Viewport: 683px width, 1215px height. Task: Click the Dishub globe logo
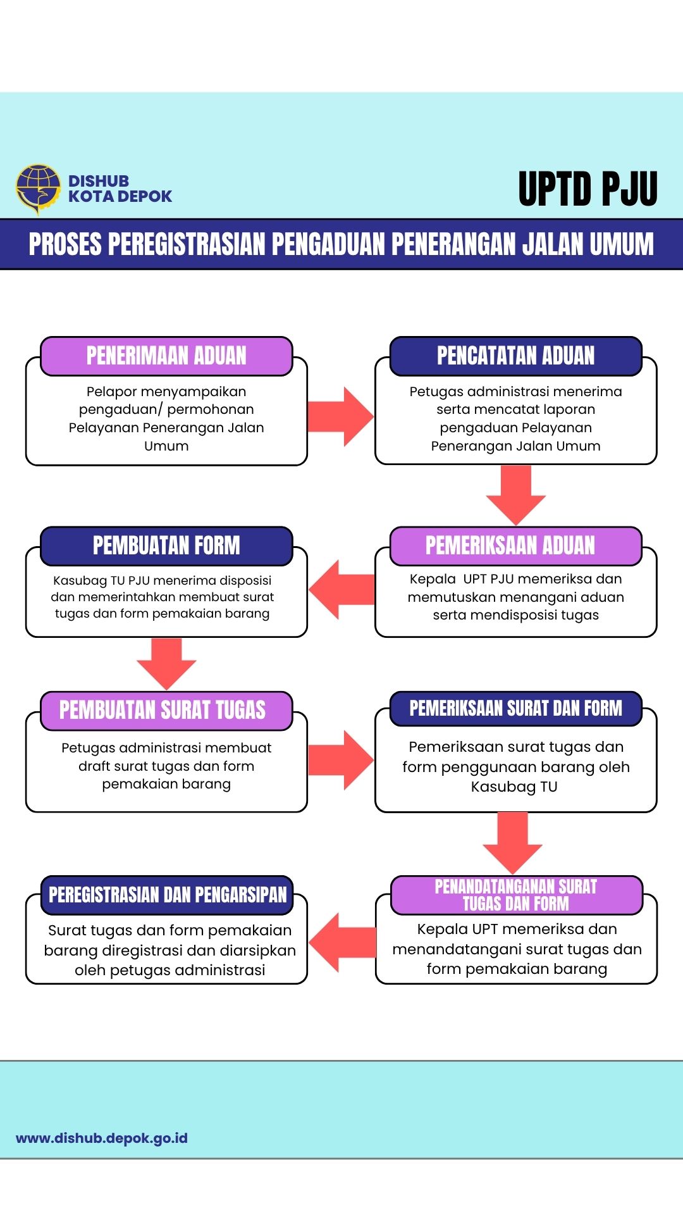pos(38,188)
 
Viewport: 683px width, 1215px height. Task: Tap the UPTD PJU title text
pos(588,189)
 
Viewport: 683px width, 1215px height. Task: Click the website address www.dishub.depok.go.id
pos(102,1138)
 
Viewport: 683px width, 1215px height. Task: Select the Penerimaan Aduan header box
pos(166,356)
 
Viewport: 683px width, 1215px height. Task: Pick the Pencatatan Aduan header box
pos(515,356)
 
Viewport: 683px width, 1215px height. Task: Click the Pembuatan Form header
pos(166,545)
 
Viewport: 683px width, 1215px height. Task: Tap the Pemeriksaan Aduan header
pos(515,545)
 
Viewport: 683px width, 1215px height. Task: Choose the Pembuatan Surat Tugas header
pos(166,710)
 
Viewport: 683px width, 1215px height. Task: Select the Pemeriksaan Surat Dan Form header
pos(515,708)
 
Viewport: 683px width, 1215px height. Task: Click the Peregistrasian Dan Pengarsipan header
pos(167,895)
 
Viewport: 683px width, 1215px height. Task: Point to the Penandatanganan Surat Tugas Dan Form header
pos(516,895)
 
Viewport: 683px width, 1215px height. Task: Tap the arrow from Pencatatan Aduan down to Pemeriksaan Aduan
pos(515,494)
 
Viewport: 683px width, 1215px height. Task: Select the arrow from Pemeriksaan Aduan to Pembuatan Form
pos(341,589)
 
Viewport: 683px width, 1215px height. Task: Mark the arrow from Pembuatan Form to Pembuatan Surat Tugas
pos(166,662)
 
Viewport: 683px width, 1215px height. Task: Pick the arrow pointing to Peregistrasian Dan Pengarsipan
pos(342,943)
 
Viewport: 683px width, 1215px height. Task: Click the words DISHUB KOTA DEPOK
pos(120,189)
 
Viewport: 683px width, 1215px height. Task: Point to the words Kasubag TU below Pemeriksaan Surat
pos(514,787)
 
